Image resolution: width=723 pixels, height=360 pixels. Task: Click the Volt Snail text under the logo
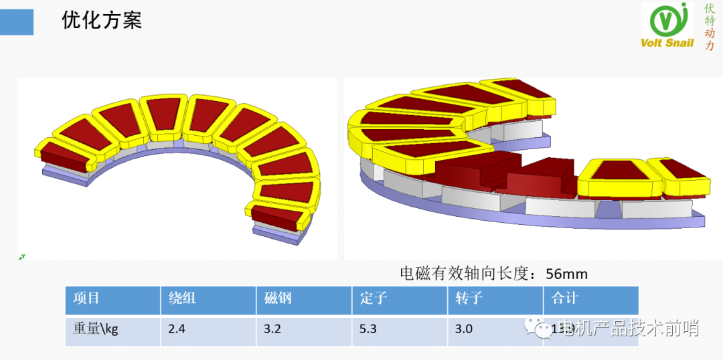coord(667,43)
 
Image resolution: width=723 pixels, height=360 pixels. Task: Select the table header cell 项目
coord(86,298)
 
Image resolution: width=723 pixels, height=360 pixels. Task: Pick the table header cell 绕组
coord(182,298)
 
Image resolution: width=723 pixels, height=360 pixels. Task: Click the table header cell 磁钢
coord(278,298)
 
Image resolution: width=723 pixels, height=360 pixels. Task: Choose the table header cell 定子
coord(374,298)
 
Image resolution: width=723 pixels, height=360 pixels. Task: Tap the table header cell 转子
coord(469,298)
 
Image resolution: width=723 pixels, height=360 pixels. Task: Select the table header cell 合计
coord(565,298)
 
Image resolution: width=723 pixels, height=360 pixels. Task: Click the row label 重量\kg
coord(95,329)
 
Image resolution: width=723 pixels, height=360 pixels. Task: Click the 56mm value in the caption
coord(567,274)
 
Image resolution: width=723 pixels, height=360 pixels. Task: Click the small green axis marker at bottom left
coord(21,256)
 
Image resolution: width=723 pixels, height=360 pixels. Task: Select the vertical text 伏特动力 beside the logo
coord(710,27)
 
